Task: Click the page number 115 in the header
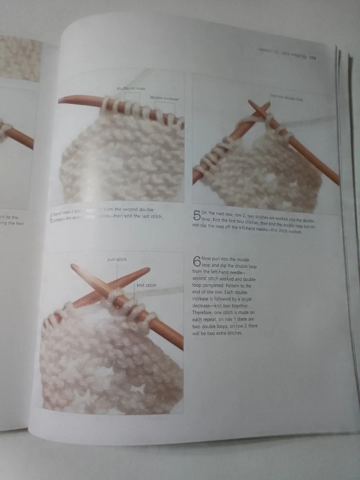pos(313,57)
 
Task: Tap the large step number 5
pos(196,216)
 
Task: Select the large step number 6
pos(196,261)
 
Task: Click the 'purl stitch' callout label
pos(117,260)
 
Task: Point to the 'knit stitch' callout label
pos(146,285)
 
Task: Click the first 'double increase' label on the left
pos(131,88)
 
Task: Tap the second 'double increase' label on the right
pos(164,98)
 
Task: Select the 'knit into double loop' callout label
pos(286,98)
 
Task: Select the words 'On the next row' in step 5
pos(215,212)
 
